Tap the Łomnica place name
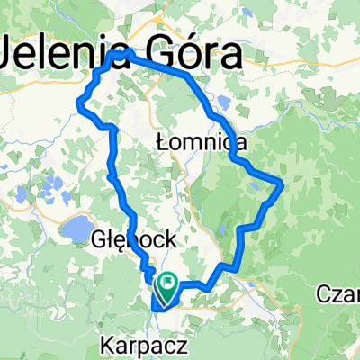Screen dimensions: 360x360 pos(193,141)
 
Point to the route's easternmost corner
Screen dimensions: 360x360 pos(283,184)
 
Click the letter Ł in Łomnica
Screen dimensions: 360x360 pos(163,141)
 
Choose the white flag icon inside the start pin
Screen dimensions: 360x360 pos(168,283)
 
